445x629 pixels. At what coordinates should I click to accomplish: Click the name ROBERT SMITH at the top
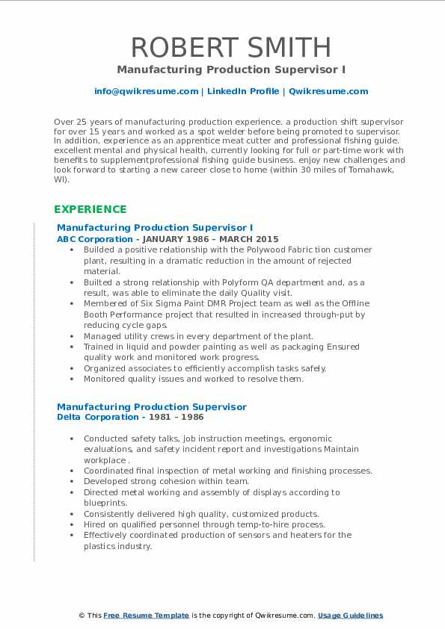(230, 47)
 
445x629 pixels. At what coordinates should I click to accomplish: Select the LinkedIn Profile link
(242, 91)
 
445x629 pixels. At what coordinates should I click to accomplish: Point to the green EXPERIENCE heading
(90, 209)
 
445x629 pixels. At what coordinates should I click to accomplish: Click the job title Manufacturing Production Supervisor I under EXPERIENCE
(155, 227)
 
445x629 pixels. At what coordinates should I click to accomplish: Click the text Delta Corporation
(88, 417)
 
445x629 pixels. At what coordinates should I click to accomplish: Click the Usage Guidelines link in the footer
(350, 615)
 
